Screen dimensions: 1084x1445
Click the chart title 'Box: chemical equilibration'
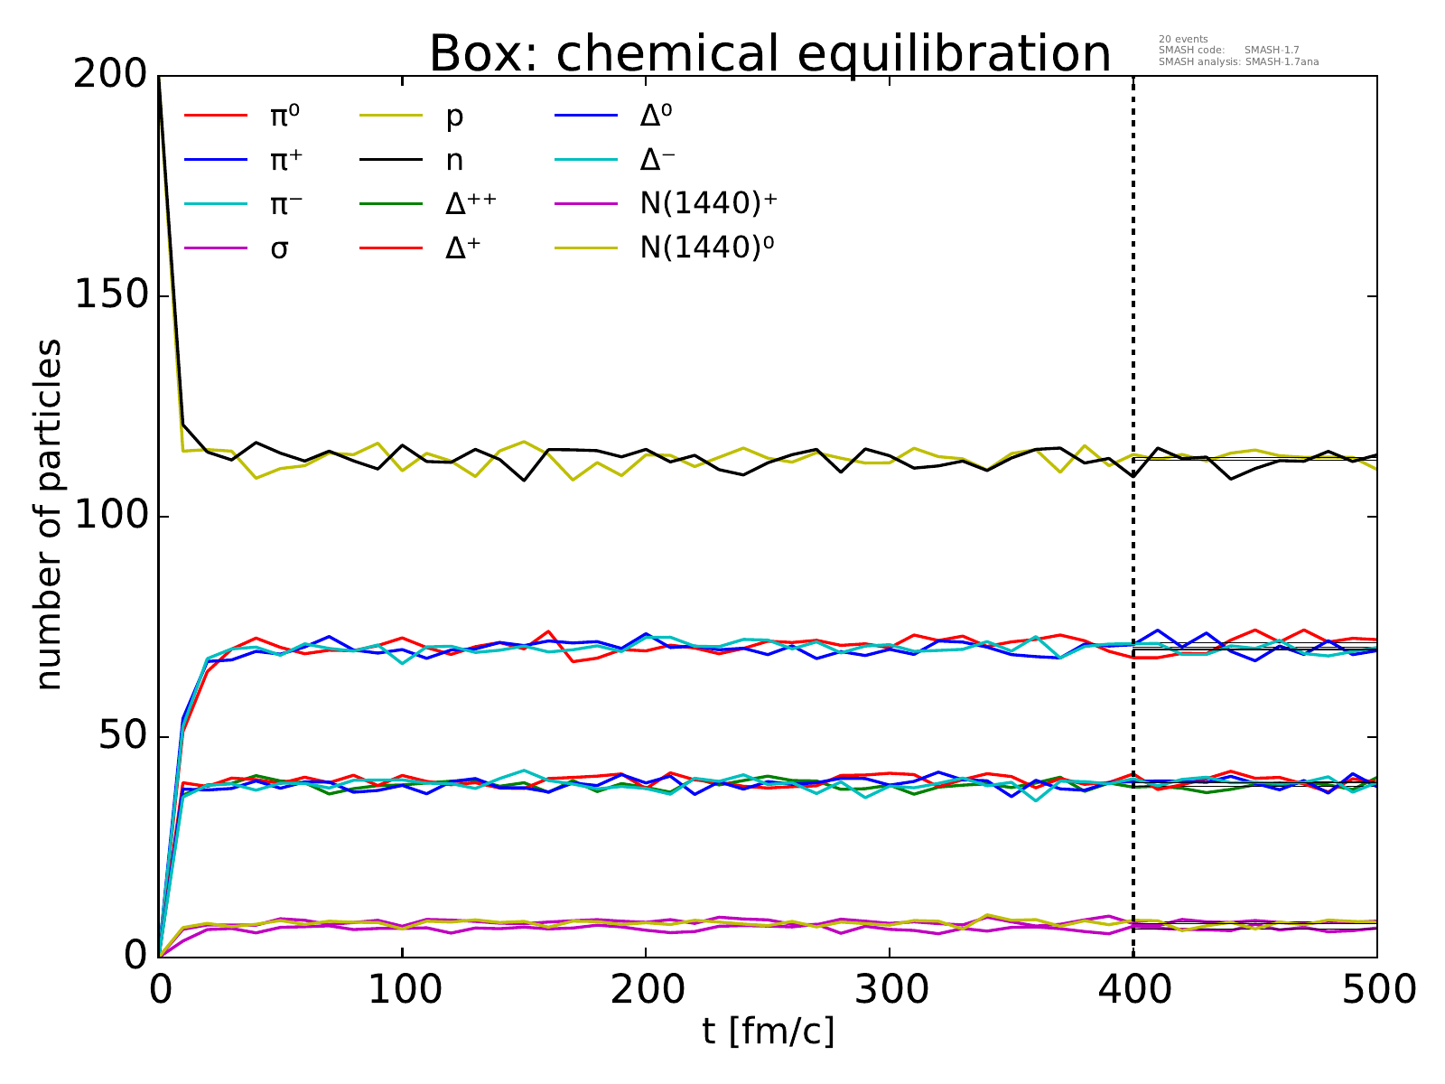[x=769, y=54]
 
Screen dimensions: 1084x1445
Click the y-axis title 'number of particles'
[x=50, y=515]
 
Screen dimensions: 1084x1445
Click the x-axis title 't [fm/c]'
[x=769, y=1030]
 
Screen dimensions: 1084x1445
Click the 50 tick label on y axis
[x=123, y=737]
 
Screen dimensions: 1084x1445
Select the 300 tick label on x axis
[x=890, y=990]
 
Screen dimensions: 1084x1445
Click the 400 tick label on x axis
[x=1133, y=990]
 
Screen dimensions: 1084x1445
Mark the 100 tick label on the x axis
[x=402, y=990]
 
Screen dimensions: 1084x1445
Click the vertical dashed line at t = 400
[x=1133, y=271]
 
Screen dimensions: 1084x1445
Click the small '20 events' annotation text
[x=1182, y=39]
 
